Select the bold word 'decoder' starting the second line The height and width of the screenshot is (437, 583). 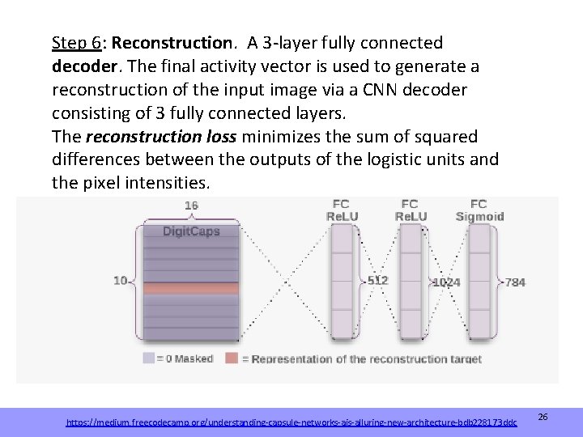click(85, 66)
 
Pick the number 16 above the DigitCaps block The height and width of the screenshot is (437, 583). click(191, 206)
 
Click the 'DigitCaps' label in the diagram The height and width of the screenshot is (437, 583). click(191, 231)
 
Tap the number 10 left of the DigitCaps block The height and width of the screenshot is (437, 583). click(121, 281)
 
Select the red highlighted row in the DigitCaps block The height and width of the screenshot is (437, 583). click(191, 288)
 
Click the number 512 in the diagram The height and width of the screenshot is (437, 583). click(377, 281)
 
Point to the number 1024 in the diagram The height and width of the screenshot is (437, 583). click(446, 282)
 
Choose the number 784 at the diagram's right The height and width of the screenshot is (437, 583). click(515, 282)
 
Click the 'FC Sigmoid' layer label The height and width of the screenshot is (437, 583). click(479, 210)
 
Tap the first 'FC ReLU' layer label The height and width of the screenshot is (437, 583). click(343, 210)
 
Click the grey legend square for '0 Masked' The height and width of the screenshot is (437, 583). click(148, 358)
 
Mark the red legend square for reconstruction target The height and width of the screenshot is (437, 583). click(232, 358)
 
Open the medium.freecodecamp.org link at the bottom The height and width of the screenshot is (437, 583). click(291, 422)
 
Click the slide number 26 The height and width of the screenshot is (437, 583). click(543, 417)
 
